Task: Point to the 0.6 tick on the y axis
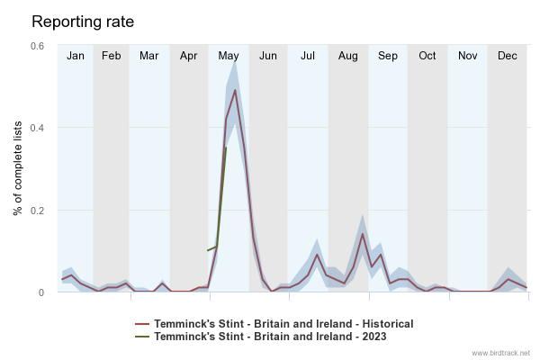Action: (38, 46)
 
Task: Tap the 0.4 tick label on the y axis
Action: (38, 128)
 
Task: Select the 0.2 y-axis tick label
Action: (38, 211)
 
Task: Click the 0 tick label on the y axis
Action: (41, 292)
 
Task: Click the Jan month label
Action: (76, 56)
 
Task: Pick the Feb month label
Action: (111, 56)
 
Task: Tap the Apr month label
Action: (189, 56)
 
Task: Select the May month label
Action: (229, 56)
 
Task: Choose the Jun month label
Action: (268, 56)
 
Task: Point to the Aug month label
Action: (347, 56)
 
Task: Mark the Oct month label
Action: (427, 56)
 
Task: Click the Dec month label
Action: (507, 56)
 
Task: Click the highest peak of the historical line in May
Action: (235, 90)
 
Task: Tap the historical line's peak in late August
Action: (362, 234)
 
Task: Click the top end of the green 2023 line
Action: (225, 148)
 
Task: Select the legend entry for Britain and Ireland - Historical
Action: (274, 323)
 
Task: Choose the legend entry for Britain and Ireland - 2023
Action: (260, 336)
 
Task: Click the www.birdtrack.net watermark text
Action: (501, 353)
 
